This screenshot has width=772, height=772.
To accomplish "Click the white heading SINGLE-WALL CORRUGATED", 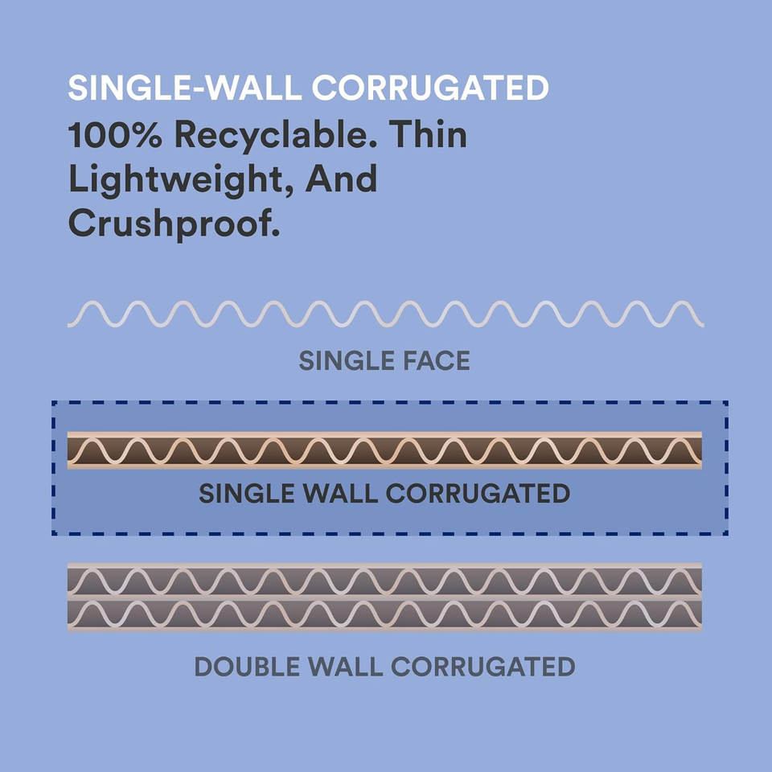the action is (308, 88).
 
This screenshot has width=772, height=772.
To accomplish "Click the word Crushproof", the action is (174, 224).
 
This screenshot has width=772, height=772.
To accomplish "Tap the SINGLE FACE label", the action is (384, 361).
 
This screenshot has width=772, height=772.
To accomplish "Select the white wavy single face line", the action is (385, 314).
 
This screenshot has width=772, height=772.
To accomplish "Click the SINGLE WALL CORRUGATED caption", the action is (384, 493).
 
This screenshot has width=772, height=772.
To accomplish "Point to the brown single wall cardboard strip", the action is (384, 450).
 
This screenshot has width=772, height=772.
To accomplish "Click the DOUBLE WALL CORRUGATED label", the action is (384, 667).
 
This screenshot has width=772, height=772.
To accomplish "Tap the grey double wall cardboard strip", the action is (384, 597).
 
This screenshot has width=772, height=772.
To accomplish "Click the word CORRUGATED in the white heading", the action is (430, 88).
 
